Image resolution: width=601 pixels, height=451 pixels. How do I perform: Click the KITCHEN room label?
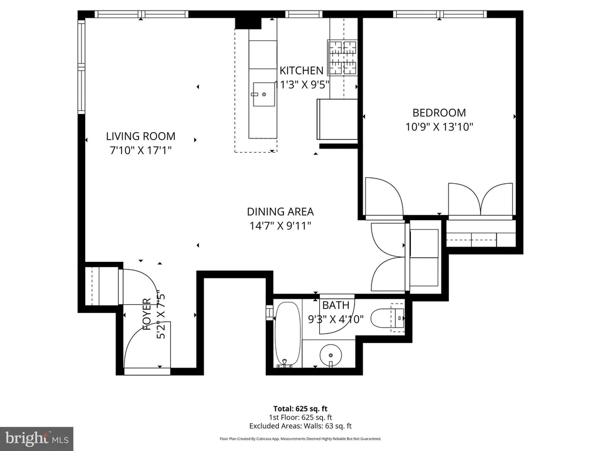[301, 70]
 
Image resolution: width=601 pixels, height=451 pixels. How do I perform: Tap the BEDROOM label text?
[439, 113]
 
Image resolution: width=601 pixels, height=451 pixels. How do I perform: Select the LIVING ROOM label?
[141, 136]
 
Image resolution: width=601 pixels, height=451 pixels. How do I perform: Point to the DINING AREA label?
[280, 211]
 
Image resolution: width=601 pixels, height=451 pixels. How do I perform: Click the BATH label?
[336, 305]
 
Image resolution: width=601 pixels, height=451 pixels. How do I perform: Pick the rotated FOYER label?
[147, 315]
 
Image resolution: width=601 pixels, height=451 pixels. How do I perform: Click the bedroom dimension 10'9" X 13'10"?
[439, 127]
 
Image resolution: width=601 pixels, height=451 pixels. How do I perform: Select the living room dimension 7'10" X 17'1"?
[141, 150]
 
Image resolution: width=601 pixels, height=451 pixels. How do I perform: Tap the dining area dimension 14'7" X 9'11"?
[280, 225]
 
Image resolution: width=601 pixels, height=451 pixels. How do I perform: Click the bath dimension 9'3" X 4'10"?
[336, 319]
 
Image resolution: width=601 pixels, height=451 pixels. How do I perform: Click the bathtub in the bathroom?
[288, 334]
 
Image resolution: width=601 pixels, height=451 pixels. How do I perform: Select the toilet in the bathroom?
[387, 318]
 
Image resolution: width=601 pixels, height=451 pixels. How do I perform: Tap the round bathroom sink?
[330, 355]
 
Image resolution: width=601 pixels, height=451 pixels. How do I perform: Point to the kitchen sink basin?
[264, 95]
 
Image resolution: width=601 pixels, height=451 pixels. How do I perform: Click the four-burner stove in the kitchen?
[342, 58]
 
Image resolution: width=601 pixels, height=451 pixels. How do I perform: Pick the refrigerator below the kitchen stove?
[337, 119]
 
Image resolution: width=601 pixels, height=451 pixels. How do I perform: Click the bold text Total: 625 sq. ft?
[300, 409]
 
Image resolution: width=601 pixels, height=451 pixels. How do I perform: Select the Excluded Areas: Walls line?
[300, 426]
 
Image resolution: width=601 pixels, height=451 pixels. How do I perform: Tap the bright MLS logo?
[37, 438]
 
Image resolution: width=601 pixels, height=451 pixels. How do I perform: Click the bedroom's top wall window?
[440, 15]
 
